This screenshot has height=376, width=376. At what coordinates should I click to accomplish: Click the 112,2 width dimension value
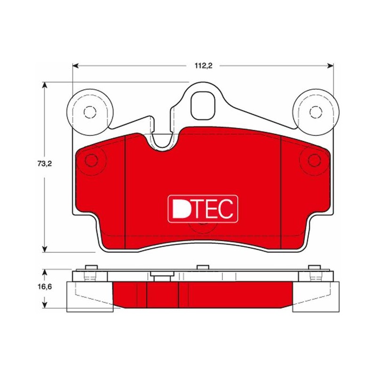click(x=204, y=66)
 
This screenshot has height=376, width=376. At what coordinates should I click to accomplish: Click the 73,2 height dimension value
click(x=45, y=164)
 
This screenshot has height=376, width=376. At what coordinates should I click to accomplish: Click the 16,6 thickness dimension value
click(x=45, y=287)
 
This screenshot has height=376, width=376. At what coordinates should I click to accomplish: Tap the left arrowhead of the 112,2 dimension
click(x=76, y=66)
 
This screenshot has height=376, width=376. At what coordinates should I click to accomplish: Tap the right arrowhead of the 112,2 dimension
click(x=330, y=66)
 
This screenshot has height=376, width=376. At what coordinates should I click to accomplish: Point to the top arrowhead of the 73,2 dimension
click(x=44, y=86)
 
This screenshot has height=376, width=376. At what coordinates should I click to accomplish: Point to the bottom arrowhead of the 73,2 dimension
click(x=44, y=249)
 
